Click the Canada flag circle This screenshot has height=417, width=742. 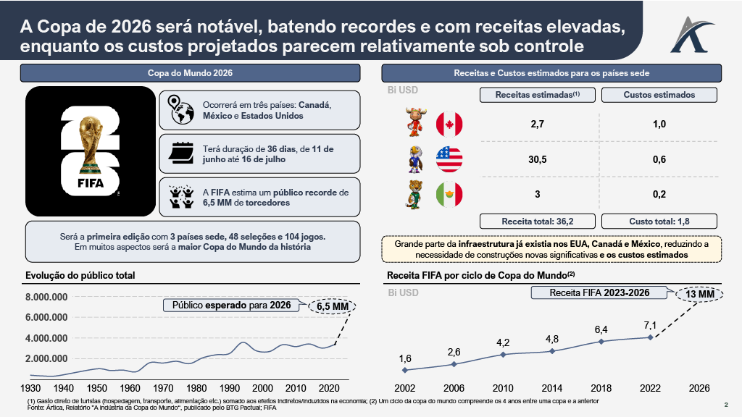[449, 125]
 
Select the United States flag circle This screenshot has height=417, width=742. [449, 159]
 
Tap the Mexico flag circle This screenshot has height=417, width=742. [449, 194]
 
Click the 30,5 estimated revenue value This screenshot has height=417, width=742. [537, 159]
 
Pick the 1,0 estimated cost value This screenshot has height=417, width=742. [659, 125]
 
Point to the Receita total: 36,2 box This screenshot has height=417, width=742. [537, 221]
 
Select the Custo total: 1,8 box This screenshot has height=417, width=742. [659, 221]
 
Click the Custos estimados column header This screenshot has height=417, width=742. [659, 95]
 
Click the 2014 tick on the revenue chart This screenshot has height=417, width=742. [551, 387]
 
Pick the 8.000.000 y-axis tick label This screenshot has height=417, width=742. [46, 298]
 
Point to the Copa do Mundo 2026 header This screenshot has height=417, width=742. [190, 73]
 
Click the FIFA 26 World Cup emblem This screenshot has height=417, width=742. [91, 153]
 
